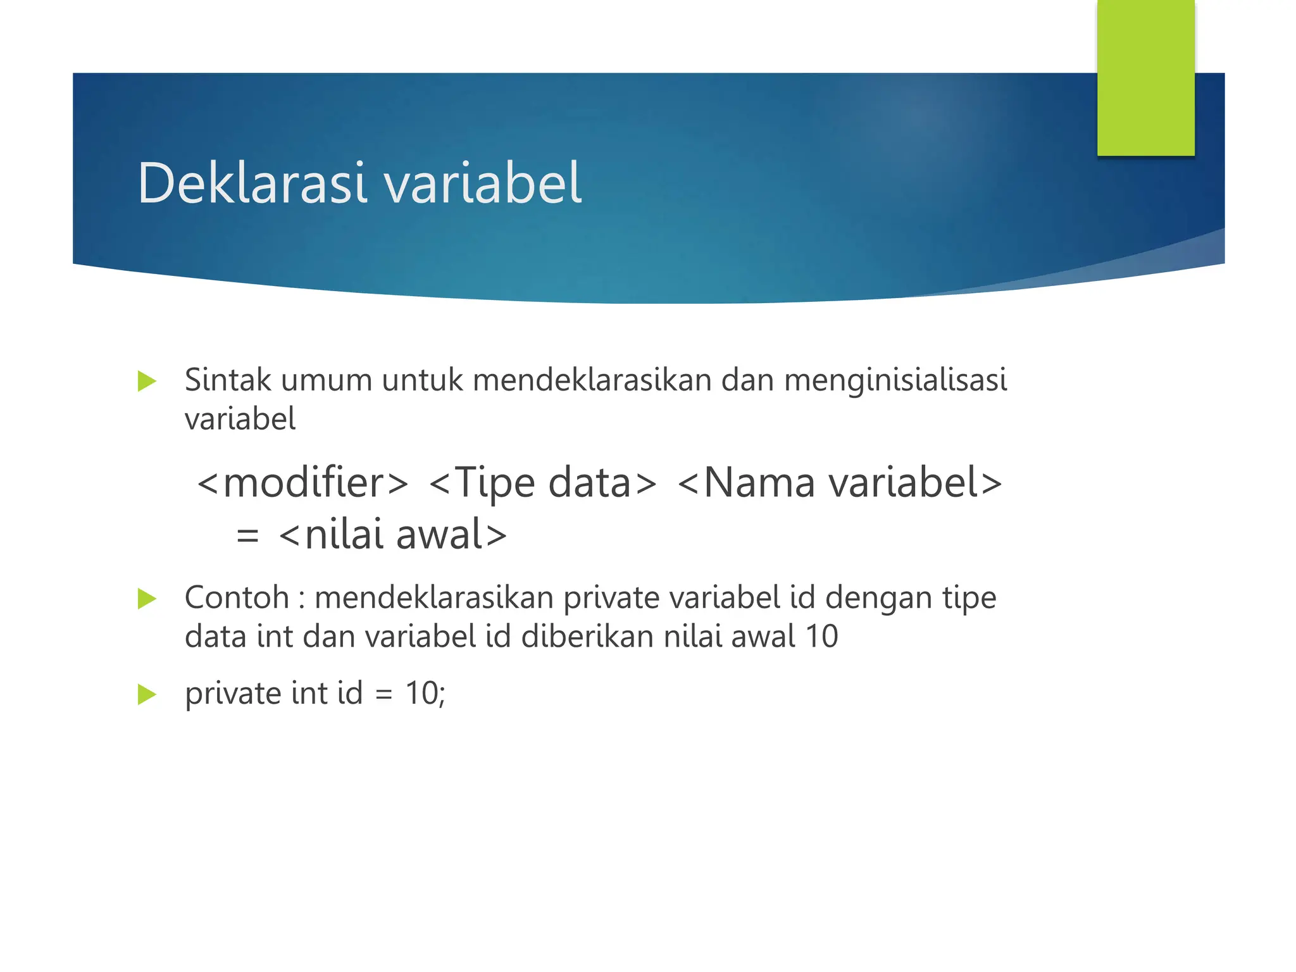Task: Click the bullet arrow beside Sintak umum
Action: pyautogui.click(x=147, y=382)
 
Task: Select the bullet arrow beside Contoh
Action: pyautogui.click(x=147, y=599)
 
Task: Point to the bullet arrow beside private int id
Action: pyautogui.click(x=147, y=694)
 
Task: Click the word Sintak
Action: pyautogui.click(x=228, y=380)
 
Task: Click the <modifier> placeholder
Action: pyautogui.click(x=303, y=483)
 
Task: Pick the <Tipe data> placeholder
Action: pyautogui.click(x=543, y=483)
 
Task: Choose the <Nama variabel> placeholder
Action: pyautogui.click(x=840, y=483)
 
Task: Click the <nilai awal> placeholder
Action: pyautogui.click(x=393, y=535)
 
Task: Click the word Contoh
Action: pyautogui.click(x=237, y=597)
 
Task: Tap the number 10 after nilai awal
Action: pyautogui.click(x=821, y=637)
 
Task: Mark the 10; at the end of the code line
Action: pyautogui.click(x=425, y=694)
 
